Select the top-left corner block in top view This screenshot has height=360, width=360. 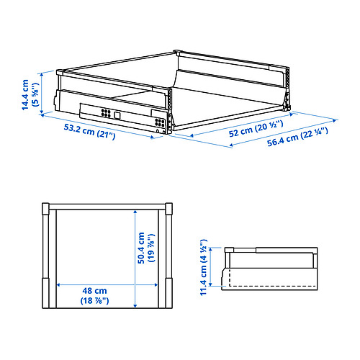pos(48,210)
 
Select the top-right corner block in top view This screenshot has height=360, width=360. pos(170,210)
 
